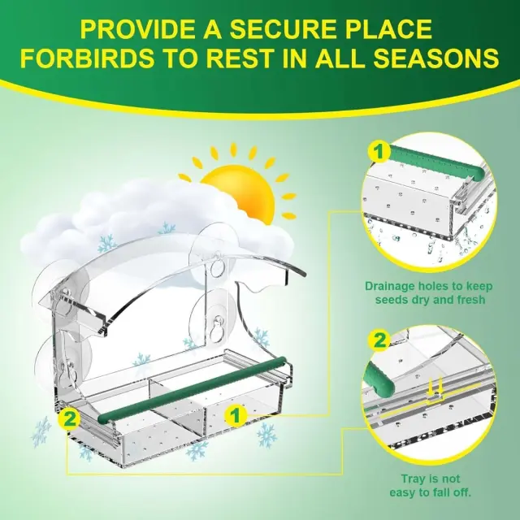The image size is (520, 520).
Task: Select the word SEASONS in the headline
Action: pyautogui.click(x=438, y=58)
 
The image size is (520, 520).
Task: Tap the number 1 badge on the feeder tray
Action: pyautogui.click(x=235, y=415)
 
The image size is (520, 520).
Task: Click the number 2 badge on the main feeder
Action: pyautogui.click(x=69, y=419)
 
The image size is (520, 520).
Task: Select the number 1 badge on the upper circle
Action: pyautogui.click(x=379, y=152)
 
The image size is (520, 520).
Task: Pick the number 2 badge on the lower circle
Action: pyautogui.click(x=379, y=340)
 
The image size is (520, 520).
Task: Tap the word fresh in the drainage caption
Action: pyautogui.click(x=468, y=300)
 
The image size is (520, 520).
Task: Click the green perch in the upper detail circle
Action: pyautogui.click(x=435, y=161)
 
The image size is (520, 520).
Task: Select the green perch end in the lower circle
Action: pyautogui.click(x=379, y=378)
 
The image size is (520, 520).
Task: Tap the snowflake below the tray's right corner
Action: pyautogui.click(x=267, y=435)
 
